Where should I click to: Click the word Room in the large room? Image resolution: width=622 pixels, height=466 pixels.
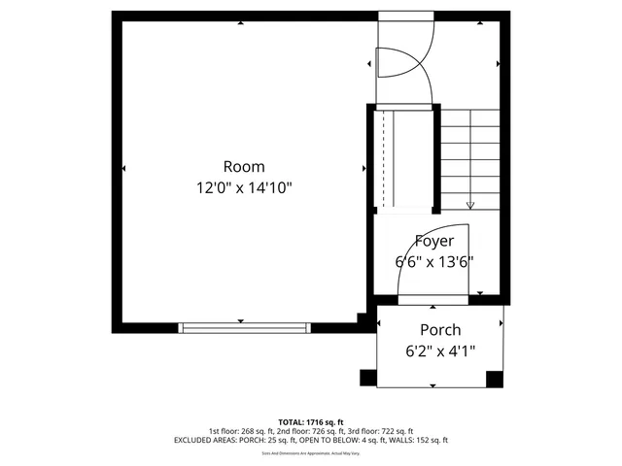click(x=243, y=166)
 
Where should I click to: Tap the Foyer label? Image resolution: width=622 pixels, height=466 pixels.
click(x=433, y=241)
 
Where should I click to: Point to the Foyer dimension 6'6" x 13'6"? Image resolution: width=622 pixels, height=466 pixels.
click(x=433, y=261)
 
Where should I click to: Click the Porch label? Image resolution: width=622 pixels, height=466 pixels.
click(x=440, y=330)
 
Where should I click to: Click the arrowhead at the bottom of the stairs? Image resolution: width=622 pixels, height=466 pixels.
click(x=470, y=205)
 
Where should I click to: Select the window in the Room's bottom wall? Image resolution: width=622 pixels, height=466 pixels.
click(x=243, y=327)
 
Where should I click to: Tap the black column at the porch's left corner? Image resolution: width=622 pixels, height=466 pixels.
click(x=368, y=378)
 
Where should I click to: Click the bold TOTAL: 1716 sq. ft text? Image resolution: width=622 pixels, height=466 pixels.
click(x=310, y=422)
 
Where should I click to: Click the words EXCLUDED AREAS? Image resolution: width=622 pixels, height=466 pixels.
click(x=202, y=440)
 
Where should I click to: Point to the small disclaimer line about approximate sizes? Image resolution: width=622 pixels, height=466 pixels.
click(x=310, y=452)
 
